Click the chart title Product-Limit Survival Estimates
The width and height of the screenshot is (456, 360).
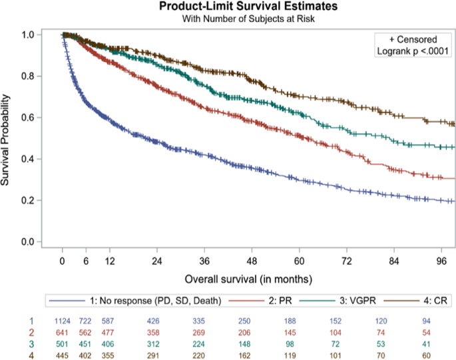click(x=248, y=7)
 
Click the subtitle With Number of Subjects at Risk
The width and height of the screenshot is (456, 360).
click(x=248, y=19)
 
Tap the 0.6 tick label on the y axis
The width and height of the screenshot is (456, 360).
click(x=27, y=118)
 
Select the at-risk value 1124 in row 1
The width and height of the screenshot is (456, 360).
click(x=62, y=323)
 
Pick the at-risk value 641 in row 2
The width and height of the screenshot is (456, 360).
click(x=62, y=334)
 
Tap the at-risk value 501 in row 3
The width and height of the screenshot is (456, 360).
click(x=62, y=345)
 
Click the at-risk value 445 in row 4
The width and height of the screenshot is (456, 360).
click(x=62, y=356)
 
